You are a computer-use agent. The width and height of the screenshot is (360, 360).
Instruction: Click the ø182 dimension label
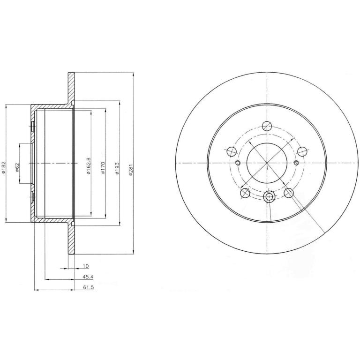point(3,167)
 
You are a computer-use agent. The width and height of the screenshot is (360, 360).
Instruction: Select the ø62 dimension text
point(17,167)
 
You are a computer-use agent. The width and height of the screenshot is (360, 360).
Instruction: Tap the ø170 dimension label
point(103,168)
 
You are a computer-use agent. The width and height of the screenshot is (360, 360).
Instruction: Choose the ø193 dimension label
point(117,169)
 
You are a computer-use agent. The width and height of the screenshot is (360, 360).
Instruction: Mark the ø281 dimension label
point(131,170)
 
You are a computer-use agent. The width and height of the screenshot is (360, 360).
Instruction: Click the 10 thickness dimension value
point(86,266)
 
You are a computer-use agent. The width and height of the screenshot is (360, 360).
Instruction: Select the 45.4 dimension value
point(88,277)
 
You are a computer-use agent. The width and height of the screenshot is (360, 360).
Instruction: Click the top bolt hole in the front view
point(267,126)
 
